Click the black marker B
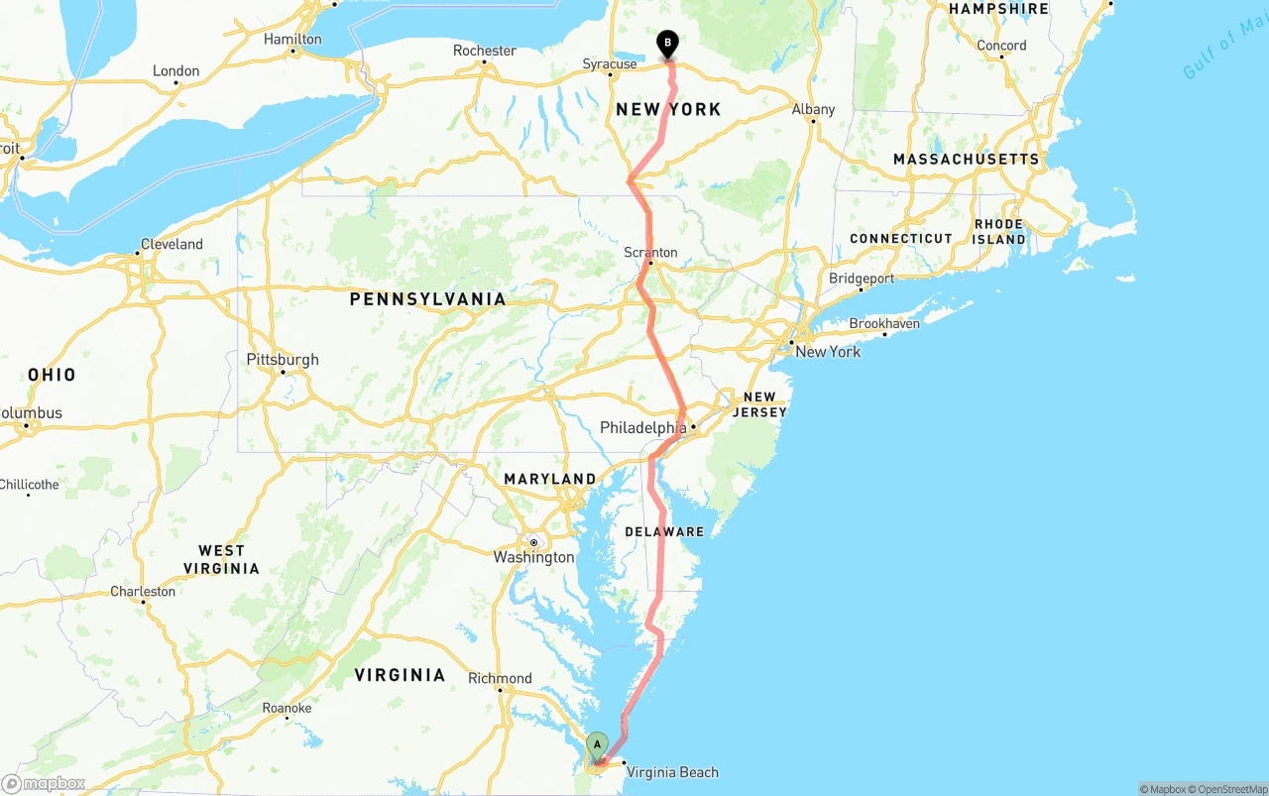[x=668, y=43]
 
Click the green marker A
[x=597, y=745]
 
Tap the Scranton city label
[x=650, y=253]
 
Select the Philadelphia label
[x=642, y=428]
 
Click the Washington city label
[x=533, y=557]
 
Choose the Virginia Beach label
[x=672, y=772]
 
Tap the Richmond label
[x=500, y=678]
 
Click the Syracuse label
[x=610, y=64]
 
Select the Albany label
[x=813, y=109]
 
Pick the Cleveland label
[x=172, y=244]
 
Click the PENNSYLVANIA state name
[x=427, y=298]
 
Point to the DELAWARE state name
[x=664, y=532]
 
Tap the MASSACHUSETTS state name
[x=966, y=159]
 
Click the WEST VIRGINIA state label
[x=221, y=559]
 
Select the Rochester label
[x=485, y=51]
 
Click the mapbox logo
[x=44, y=783]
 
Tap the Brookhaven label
[x=884, y=323]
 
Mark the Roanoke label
[x=287, y=708]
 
